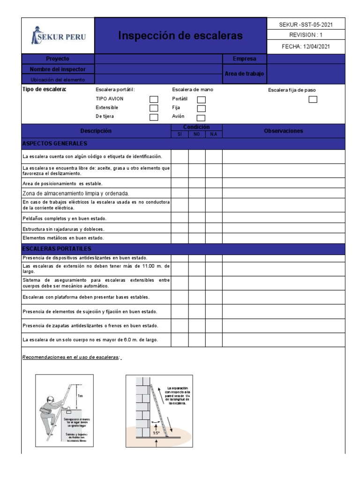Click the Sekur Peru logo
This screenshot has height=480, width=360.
(58, 36)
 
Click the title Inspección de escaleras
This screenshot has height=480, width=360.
(180, 36)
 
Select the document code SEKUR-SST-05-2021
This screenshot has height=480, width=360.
(306, 24)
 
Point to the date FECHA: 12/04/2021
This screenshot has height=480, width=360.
(306, 47)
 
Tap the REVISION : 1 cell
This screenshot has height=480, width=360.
(306, 36)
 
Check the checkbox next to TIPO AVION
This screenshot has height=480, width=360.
(154, 99)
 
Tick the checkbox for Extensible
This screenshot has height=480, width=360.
(154, 108)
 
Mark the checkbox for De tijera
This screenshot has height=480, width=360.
(154, 117)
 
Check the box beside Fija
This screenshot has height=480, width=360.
(201, 109)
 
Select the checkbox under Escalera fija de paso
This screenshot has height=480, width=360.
(313, 99)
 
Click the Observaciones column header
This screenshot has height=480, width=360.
(283, 131)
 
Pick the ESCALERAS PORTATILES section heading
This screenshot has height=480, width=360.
(57, 248)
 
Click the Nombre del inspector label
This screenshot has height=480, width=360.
(58, 69)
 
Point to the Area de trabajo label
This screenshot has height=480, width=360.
(244, 74)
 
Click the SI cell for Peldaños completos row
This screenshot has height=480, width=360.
(180, 218)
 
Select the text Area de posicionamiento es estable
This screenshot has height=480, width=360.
(62, 184)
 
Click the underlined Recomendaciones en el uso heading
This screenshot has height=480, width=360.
(72, 358)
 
